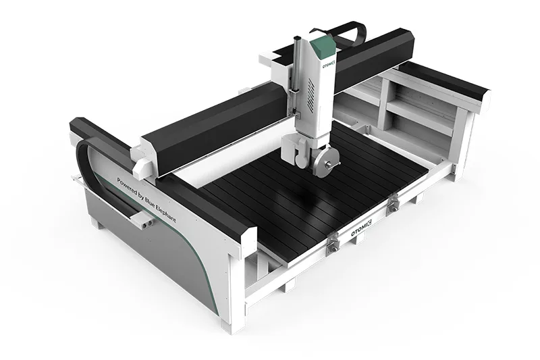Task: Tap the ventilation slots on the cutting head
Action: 312,101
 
